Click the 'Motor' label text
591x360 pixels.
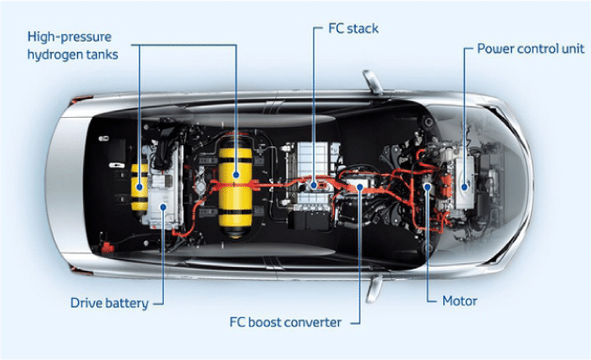click(x=460, y=302)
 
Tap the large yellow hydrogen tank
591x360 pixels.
click(x=235, y=182)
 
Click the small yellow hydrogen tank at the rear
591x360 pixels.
click(x=140, y=186)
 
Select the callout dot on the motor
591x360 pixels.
click(x=426, y=186)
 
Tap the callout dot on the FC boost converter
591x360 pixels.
click(x=359, y=186)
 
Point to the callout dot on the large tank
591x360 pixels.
click(x=237, y=175)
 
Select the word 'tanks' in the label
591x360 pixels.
click(x=101, y=54)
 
